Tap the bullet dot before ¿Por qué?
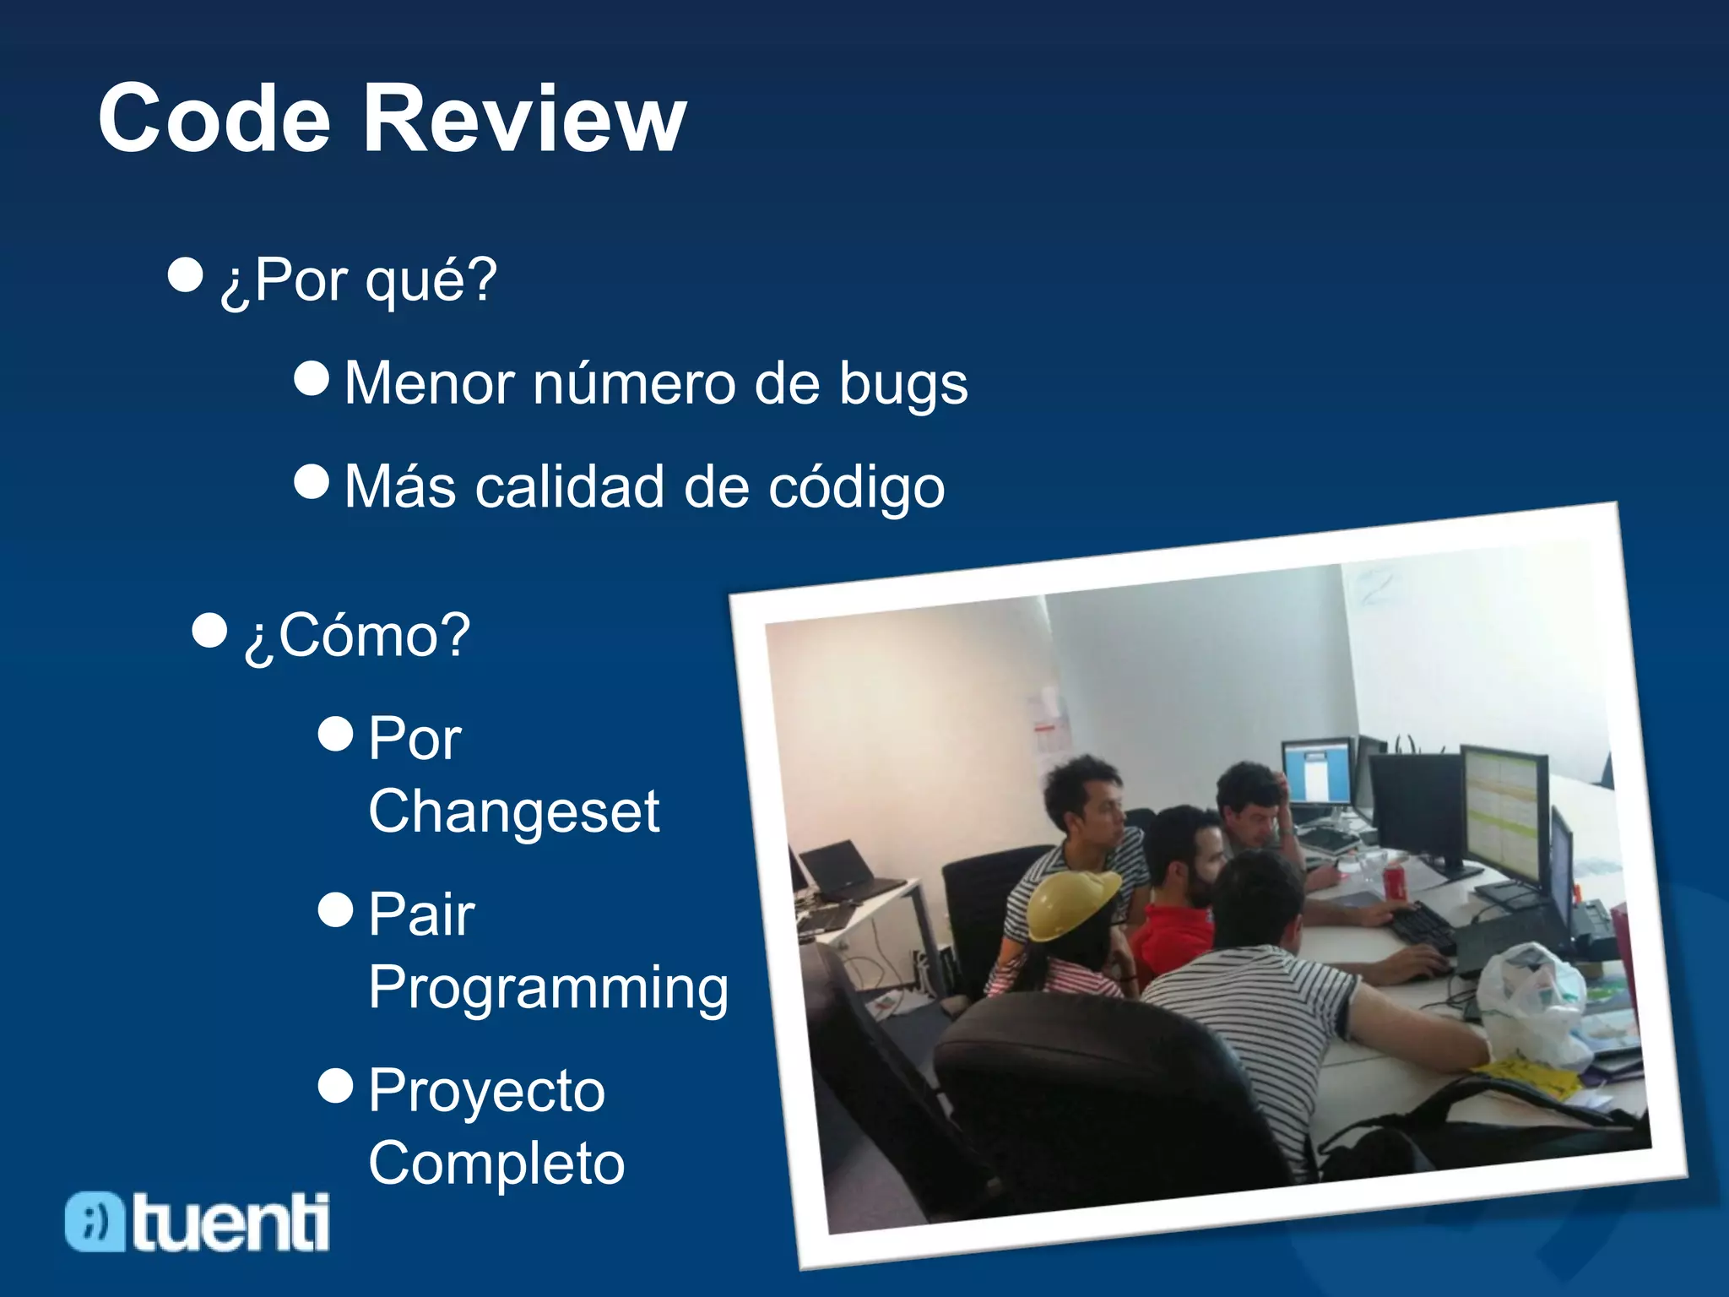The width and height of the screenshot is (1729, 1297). coord(186,274)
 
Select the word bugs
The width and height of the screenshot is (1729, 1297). coord(902,385)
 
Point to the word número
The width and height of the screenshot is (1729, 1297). coord(634,383)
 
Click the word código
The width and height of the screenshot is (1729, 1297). coord(856,488)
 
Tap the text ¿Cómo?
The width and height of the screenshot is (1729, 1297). coord(357,635)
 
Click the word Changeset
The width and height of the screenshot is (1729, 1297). coord(513,811)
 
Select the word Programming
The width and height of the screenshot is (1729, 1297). coord(548,987)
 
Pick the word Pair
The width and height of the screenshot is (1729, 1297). coord(421,914)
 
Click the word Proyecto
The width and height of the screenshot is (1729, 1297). coord(486,1091)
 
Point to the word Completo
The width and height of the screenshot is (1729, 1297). coord(496,1164)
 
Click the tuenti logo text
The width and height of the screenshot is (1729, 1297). coord(230,1222)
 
